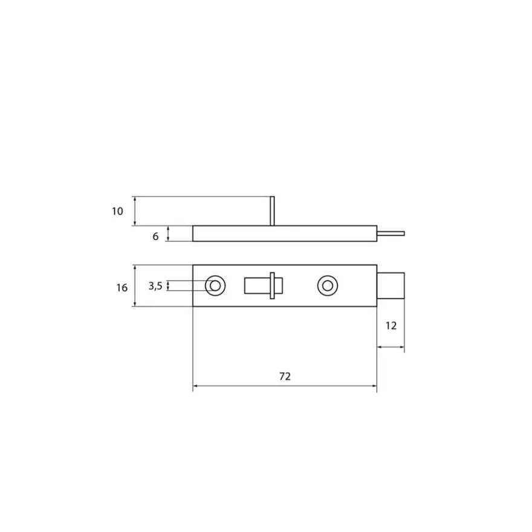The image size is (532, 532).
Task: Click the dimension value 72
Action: pos(285,376)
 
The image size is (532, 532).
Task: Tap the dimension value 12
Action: pos(391,326)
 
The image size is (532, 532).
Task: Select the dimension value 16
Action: pos(122,288)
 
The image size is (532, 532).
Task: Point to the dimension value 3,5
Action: pos(155,286)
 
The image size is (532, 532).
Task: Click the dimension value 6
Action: pos(155,236)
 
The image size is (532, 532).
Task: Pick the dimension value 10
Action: pos(117,212)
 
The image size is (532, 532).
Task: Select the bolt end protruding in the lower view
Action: pos(391,286)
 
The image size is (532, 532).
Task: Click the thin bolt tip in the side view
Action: pos(391,233)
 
